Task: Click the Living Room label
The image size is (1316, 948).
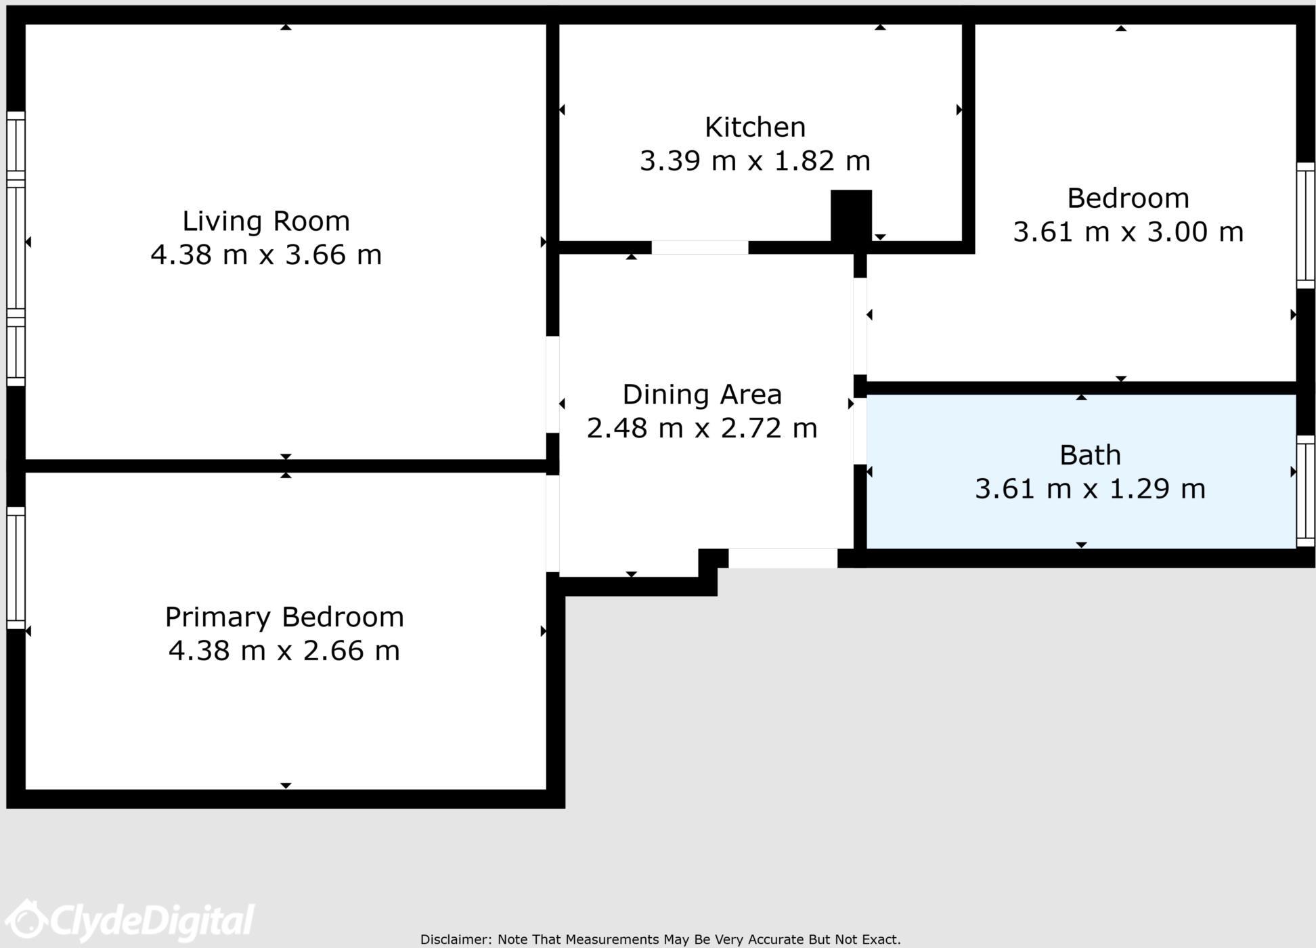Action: [266, 221]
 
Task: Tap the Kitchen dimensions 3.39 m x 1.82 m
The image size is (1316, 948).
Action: [755, 161]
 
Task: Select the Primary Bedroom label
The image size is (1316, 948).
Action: [284, 617]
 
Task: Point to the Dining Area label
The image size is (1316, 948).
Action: [702, 394]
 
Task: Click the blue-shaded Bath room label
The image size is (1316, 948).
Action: [1090, 455]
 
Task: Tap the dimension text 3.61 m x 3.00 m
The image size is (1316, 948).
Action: [1128, 232]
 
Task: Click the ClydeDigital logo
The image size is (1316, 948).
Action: [129, 921]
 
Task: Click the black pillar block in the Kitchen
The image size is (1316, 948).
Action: [851, 215]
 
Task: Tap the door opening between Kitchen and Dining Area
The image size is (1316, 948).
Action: [700, 247]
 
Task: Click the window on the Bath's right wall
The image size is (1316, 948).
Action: [1305, 491]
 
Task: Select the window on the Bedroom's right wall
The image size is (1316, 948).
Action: [1305, 225]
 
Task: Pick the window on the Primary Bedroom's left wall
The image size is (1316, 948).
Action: [16, 568]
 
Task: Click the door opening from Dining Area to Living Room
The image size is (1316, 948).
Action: [553, 384]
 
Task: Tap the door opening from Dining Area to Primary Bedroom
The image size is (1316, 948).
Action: [553, 523]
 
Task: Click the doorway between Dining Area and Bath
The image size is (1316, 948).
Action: [860, 431]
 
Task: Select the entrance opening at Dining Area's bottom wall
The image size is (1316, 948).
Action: [783, 558]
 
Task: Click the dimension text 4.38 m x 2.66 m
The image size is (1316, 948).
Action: [284, 651]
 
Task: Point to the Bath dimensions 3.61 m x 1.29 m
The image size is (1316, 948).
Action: [1090, 489]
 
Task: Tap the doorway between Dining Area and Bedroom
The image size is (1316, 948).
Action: [860, 326]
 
